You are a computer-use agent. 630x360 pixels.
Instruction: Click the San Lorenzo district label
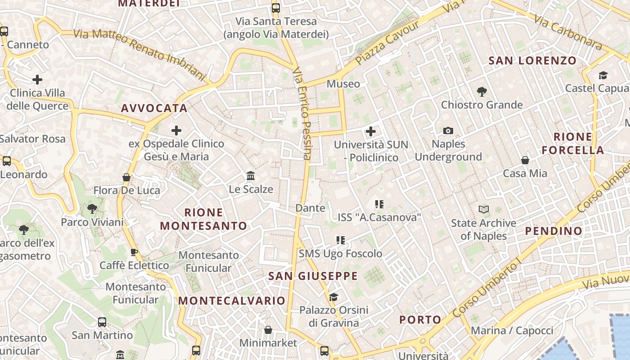pos(532,60)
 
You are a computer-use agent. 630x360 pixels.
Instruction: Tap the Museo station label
pos(343,84)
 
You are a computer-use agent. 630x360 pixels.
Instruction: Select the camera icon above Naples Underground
pos(448,131)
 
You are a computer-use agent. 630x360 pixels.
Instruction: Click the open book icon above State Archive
pos(484,210)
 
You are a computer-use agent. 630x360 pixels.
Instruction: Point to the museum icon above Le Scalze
pos(251,175)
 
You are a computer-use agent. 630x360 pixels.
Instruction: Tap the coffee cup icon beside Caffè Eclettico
pos(134,252)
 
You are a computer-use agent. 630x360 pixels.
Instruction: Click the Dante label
pos(310,208)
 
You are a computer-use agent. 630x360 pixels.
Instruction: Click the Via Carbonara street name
pos(568,31)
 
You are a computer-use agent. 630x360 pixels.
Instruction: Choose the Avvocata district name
pos(154,108)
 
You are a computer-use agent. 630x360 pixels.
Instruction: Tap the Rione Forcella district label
pos(572,144)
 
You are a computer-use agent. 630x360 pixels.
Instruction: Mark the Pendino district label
pos(554,231)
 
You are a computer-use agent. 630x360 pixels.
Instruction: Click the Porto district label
pos(421,320)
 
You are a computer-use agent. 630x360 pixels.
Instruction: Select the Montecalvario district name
pos(232,301)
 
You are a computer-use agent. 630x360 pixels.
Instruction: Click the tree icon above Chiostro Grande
pos(482,92)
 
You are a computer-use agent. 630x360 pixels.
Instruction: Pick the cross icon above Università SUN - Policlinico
pos(371,131)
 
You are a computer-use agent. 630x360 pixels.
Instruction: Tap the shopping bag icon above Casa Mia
pos(525,160)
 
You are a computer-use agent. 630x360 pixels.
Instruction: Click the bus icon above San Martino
pos(102,322)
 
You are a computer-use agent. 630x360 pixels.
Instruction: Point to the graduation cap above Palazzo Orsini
pos(333,297)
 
